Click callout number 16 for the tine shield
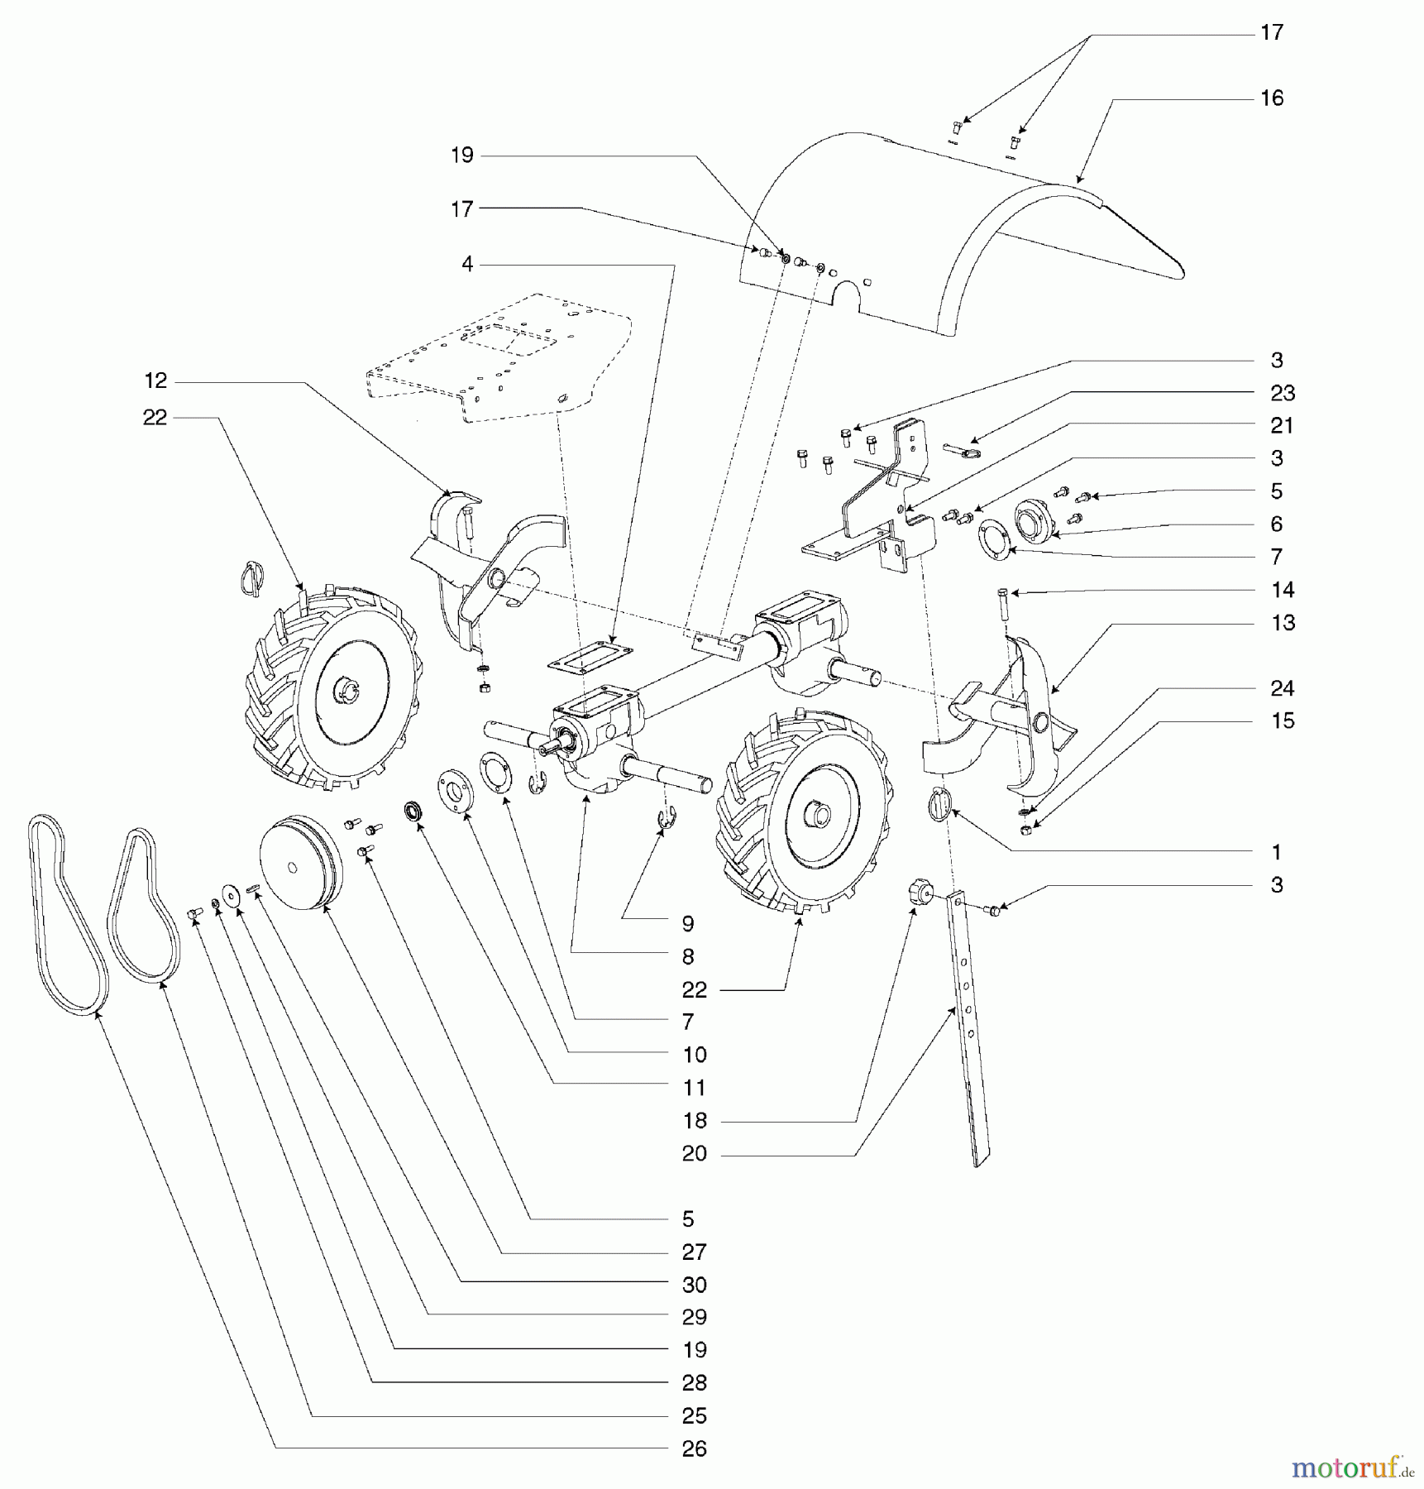pos(1271,98)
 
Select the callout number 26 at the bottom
pos(694,1448)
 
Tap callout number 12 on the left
pos(155,381)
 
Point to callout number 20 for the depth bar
pos(694,1153)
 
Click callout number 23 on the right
pos(1282,393)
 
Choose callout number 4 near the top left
pos(467,264)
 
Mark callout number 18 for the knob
pos(694,1121)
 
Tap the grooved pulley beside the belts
pos(298,864)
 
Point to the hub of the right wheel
pos(820,815)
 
